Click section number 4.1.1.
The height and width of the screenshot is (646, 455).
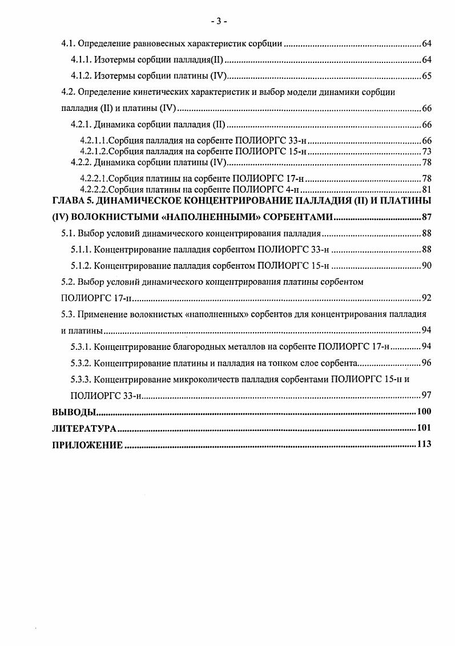80,59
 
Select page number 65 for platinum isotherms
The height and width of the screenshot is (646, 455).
426,76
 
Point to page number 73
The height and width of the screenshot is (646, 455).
426,151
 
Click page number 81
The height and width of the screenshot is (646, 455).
426,190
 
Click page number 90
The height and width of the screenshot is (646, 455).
426,266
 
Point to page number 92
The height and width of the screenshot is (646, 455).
426,298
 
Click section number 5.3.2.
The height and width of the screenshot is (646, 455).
80,362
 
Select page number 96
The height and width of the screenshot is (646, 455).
426,362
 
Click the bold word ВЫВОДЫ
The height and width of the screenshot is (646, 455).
73,412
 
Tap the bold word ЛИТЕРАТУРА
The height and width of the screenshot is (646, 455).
84,428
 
